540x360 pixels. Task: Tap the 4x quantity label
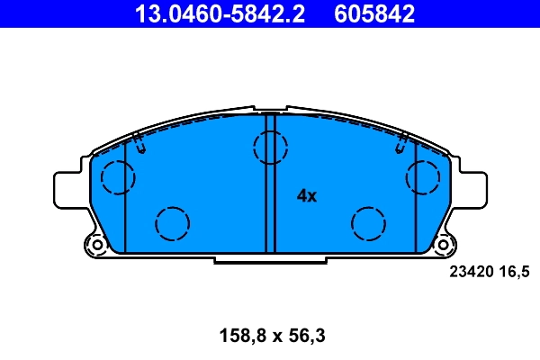(308, 195)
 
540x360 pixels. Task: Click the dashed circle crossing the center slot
(269, 147)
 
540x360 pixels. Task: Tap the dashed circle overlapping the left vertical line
(117, 176)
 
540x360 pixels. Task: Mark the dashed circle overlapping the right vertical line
(422, 176)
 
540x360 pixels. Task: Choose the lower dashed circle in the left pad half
(171, 222)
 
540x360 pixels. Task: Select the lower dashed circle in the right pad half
(368, 222)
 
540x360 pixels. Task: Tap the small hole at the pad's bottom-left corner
(96, 244)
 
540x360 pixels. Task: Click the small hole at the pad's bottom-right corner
(443, 244)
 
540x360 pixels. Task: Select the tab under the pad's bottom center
(269, 259)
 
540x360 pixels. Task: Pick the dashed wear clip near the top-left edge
(139, 139)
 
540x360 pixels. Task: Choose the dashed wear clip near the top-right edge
(402, 139)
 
